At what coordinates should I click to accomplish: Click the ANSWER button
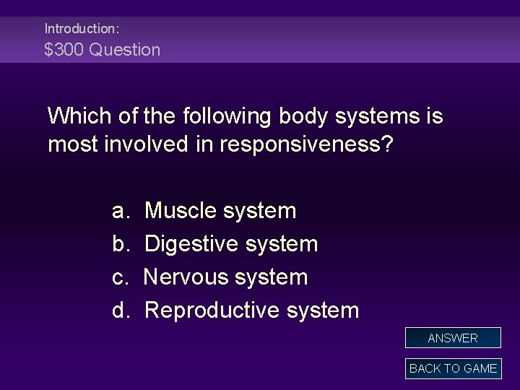pyautogui.click(x=452, y=338)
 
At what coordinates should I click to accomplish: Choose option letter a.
pyautogui.click(x=119, y=211)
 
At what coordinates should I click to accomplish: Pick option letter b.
pyautogui.click(x=119, y=244)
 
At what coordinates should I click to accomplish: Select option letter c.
pyautogui.click(x=119, y=277)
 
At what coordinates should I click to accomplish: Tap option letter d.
pyautogui.click(x=119, y=311)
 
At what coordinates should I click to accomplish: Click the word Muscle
pyautogui.click(x=181, y=211)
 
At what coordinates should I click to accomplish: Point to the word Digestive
pyautogui.click(x=191, y=244)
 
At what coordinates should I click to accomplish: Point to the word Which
pyautogui.click(x=78, y=115)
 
